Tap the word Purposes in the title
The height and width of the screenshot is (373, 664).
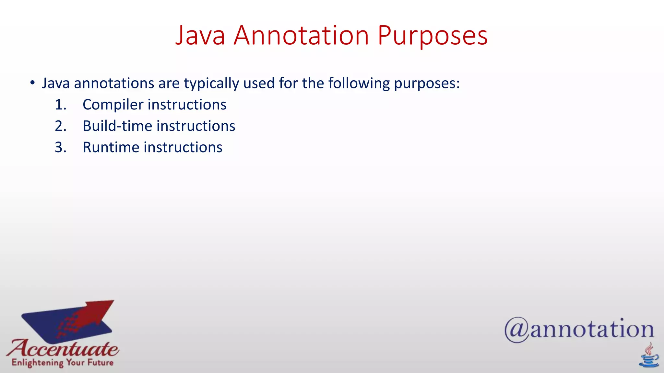(433, 36)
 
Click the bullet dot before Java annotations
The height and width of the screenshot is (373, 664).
(32, 83)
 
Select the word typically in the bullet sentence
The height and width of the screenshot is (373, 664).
(211, 84)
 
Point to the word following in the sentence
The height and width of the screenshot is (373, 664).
(359, 84)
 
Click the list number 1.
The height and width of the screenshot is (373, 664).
(60, 105)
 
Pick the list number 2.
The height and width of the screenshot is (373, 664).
(60, 126)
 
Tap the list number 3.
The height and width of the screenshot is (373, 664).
(60, 147)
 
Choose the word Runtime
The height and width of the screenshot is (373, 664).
(111, 147)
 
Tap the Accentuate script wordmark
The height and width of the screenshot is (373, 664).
(63, 348)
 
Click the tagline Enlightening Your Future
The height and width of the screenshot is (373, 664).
(63, 363)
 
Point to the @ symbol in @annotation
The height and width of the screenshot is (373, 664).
(516, 330)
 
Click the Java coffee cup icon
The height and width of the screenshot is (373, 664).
(648, 356)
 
